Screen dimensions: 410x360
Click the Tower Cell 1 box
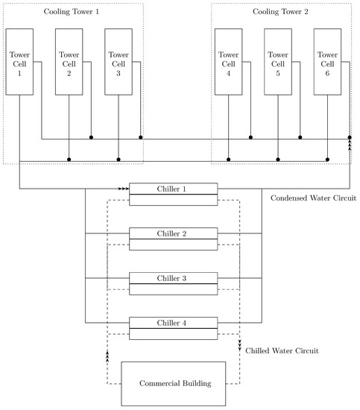pyautogui.click(x=19, y=63)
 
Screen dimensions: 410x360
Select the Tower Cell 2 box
pyautogui.click(x=69, y=63)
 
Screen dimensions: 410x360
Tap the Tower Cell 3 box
pyautogui.click(x=119, y=63)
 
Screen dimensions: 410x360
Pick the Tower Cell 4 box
pyautogui.click(x=228, y=63)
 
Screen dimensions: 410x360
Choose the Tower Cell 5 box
pyautogui.click(x=278, y=63)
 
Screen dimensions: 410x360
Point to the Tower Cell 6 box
pyautogui.click(x=327, y=63)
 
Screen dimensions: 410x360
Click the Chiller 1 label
pyautogui.click(x=173, y=189)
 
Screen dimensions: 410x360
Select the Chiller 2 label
pyautogui.click(x=173, y=233)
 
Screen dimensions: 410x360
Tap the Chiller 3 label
pyautogui.click(x=173, y=278)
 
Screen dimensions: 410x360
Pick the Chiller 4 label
pyautogui.click(x=173, y=323)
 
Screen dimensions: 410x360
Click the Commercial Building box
pyautogui.click(x=173, y=384)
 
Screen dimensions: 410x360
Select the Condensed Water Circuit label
pyautogui.click(x=313, y=199)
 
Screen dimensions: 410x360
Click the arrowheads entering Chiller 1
pyautogui.click(x=123, y=189)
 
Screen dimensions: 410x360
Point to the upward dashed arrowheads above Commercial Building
pyautogui.click(x=107, y=356)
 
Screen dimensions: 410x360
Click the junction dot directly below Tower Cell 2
pyautogui.click(x=69, y=160)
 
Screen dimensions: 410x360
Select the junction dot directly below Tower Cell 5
pyautogui.click(x=278, y=160)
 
